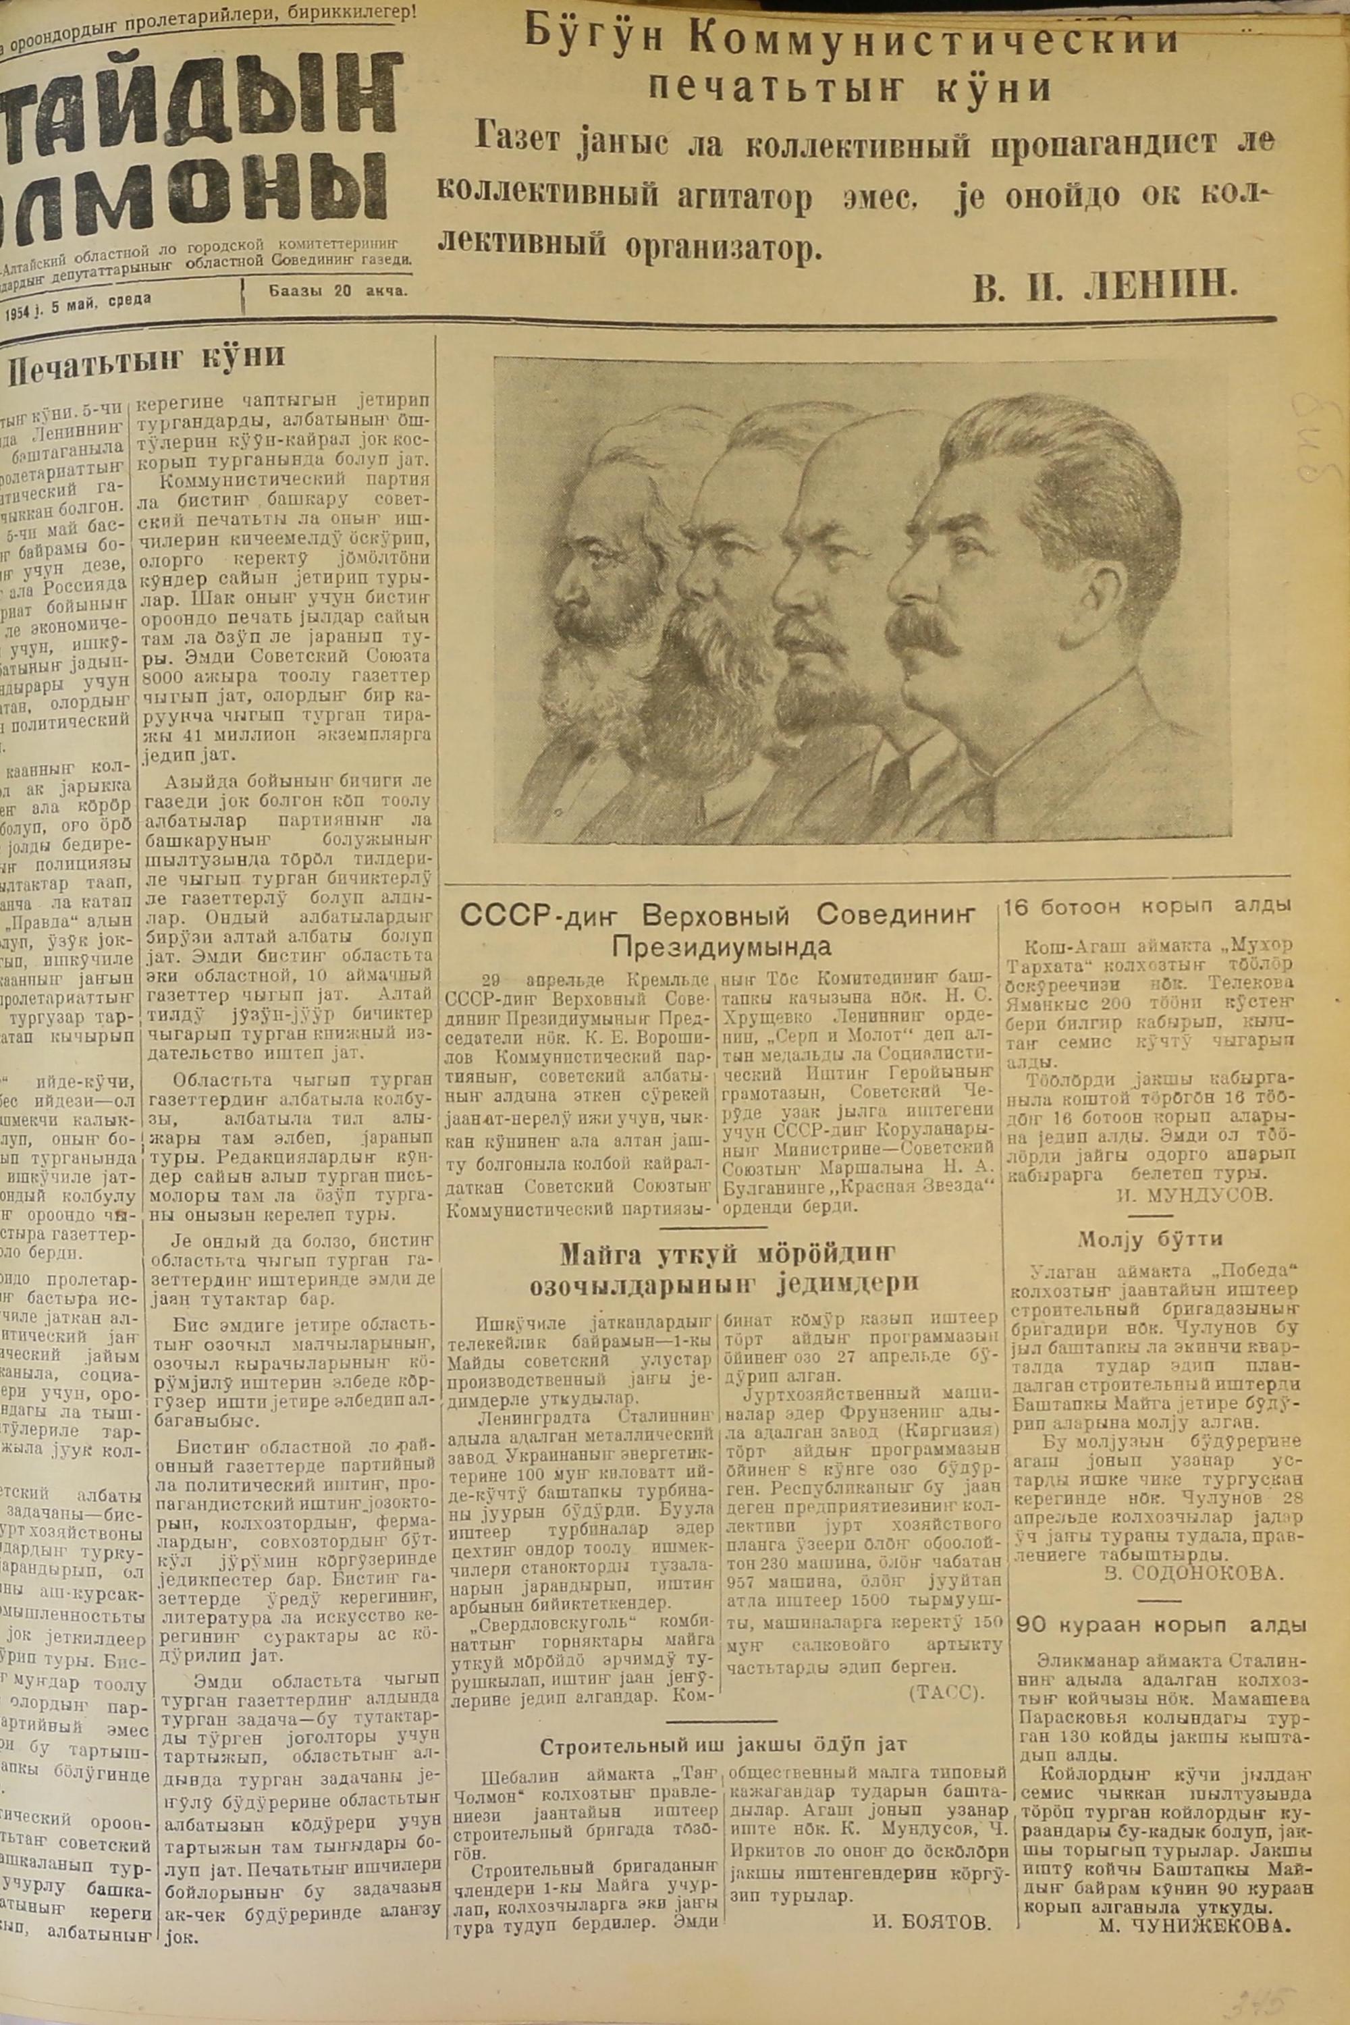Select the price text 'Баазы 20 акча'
pos(338,291)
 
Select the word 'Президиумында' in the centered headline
pos(722,947)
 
